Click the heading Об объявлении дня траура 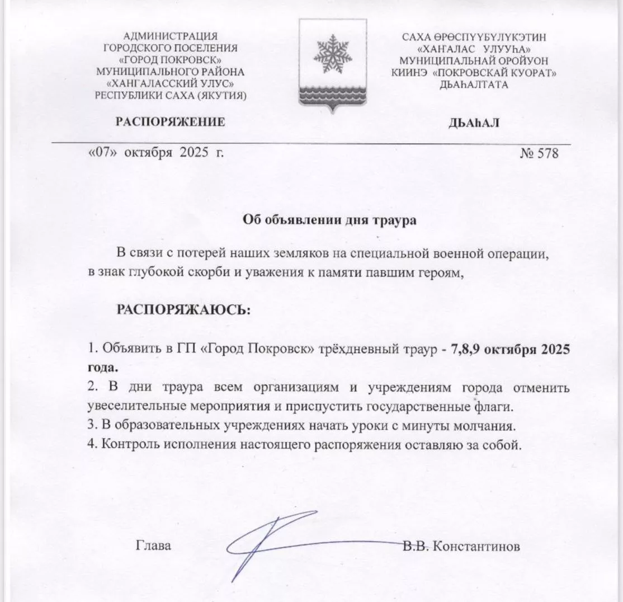tap(329, 220)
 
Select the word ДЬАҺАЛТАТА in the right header tap(474, 84)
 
